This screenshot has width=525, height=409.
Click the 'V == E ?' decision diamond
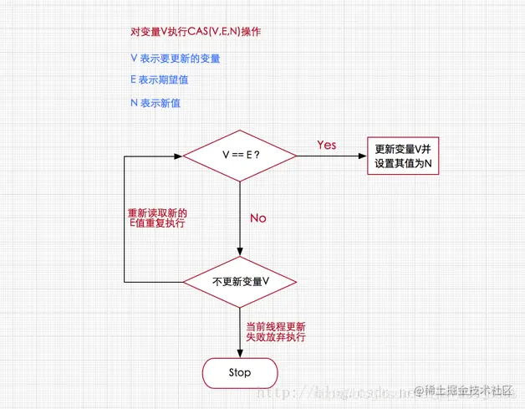click(x=240, y=155)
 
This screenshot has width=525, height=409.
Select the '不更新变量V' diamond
click(x=240, y=282)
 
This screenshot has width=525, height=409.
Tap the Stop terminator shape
click(x=239, y=371)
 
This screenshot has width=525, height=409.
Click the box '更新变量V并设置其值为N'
click(x=403, y=156)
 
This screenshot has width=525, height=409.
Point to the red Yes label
click(x=327, y=145)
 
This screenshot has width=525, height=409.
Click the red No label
click(x=257, y=217)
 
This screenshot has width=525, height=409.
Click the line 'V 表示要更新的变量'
click(x=176, y=59)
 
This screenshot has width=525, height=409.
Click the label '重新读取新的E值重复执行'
click(x=156, y=217)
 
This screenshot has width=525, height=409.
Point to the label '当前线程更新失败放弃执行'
click(x=275, y=331)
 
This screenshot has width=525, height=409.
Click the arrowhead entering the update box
click(x=363, y=155)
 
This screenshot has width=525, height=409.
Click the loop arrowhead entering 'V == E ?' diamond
click(x=178, y=155)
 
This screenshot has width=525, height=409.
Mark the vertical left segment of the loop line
click(x=124, y=217)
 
